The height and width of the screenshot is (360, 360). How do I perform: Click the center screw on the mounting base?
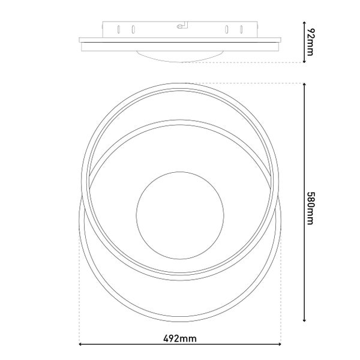click(180, 27)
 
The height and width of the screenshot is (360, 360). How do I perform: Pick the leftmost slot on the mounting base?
click(119, 29)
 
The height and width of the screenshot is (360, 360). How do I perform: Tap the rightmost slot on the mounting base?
click(241, 29)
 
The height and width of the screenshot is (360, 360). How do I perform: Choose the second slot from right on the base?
click(227, 29)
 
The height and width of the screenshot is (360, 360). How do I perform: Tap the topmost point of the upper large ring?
click(180, 83)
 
